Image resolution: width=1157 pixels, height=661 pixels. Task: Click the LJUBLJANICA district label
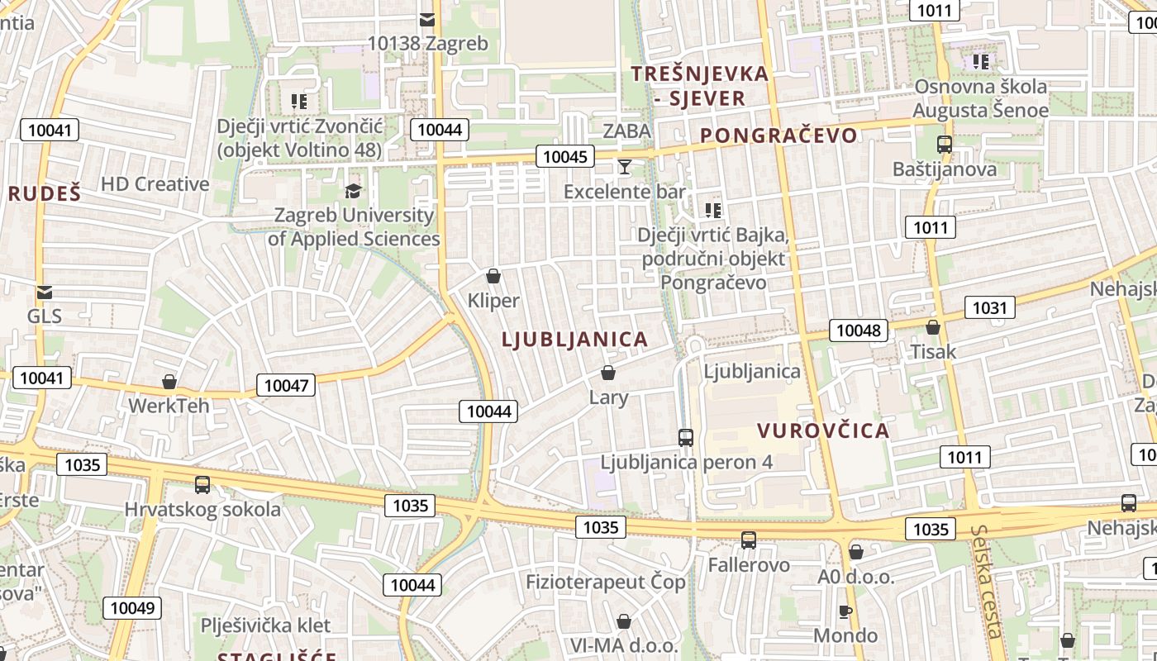point(574,340)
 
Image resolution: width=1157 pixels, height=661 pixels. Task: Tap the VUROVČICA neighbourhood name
point(823,430)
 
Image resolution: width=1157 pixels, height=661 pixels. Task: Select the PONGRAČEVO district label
point(778,136)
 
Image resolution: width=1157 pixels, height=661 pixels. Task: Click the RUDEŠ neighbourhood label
point(45,194)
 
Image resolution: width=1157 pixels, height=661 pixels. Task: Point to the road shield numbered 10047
point(286,385)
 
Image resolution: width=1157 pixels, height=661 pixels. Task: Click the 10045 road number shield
point(565,156)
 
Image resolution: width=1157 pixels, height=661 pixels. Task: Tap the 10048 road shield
point(859,330)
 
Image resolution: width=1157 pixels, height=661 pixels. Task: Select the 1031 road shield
point(989,308)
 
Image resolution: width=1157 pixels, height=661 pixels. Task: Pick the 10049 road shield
point(132,609)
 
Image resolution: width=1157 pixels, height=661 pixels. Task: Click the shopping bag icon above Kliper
point(493,276)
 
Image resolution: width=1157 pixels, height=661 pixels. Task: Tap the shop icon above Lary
point(608,373)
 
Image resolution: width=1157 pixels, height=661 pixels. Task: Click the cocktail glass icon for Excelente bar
point(624,168)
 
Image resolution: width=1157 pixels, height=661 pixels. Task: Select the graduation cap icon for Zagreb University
point(353,192)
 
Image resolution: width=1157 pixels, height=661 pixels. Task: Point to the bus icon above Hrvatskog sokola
point(202,485)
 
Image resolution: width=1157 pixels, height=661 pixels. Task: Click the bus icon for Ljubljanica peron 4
point(685,438)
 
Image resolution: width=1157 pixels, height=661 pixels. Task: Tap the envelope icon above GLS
point(45,292)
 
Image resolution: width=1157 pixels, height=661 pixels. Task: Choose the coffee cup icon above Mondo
point(845,612)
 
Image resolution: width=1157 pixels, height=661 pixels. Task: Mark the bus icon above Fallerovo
point(749,540)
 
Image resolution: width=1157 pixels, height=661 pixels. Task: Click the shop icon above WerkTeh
point(169,382)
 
